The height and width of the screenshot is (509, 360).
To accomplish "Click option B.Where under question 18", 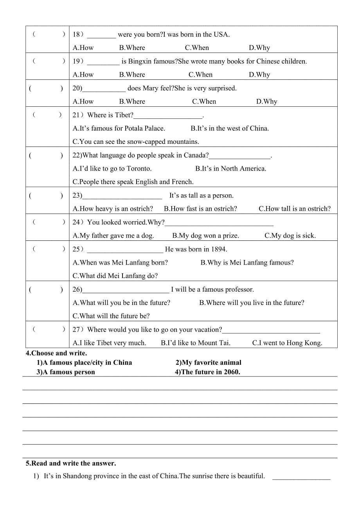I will tap(132, 48).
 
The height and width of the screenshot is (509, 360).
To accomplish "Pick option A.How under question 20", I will tap(83, 101).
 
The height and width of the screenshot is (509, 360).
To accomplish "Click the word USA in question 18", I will tap(221, 34).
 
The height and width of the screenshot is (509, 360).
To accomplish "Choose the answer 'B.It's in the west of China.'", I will tap(230, 128).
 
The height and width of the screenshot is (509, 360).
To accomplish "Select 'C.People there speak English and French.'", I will tap(133, 182).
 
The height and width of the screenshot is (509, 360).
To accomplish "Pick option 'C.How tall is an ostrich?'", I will tap(294, 209).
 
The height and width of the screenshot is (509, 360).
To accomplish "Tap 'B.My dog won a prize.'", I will tap(205, 235).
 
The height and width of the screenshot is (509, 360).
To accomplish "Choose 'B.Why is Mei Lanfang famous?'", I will tap(247, 262).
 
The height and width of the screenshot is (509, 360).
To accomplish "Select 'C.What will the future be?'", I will tap(111, 316).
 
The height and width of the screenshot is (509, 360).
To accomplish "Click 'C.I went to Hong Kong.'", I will tap(287, 343).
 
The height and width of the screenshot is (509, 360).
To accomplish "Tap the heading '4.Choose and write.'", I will tap(56, 353).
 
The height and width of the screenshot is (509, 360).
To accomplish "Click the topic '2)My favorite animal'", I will tap(208, 362).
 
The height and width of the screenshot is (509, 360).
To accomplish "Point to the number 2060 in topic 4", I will tap(231, 372).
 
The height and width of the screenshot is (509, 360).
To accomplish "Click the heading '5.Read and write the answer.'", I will tap(71, 463).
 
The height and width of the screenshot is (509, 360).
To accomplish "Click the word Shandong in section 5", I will tap(77, 476).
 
